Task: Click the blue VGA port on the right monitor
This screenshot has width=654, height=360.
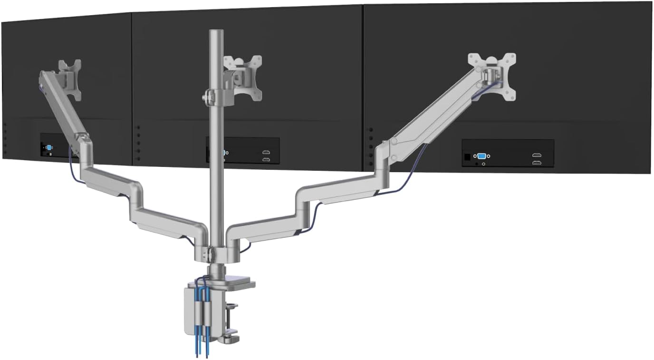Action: tap(481, 156)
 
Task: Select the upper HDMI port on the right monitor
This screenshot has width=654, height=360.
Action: tap(537, 156)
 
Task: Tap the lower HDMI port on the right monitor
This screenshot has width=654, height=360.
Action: tap(537, 163)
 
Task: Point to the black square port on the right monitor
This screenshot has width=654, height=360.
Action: tap(467, 156)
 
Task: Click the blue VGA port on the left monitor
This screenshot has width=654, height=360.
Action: tap(49, 147)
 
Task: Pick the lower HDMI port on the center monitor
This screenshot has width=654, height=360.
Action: tap(267, 160)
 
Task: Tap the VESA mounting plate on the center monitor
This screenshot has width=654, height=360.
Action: tap(243, 76)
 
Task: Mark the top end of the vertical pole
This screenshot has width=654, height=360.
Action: tap(217, 32)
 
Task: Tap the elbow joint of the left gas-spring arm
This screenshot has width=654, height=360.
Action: tap(86, 143)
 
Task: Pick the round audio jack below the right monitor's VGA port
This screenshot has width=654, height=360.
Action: tap(483, 164)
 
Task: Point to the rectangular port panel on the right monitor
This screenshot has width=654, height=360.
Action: tap(508, 153)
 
